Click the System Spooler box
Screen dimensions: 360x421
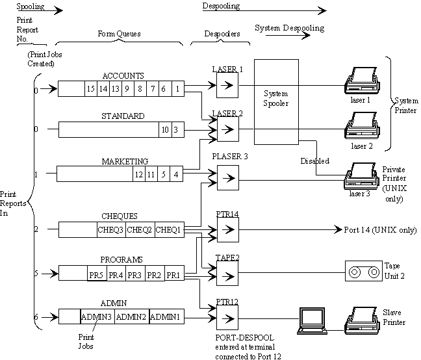click(275, 101)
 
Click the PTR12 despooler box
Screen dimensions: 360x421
click(227, 317)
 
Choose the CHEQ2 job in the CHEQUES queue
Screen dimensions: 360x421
click(140, 229)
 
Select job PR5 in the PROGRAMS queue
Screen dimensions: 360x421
click(97, 274)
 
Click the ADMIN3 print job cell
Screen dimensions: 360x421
click(97, 316)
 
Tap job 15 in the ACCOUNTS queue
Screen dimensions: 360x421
click(92, 88)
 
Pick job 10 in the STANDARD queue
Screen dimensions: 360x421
click(165, 130)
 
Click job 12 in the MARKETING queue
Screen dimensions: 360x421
click(138, 174)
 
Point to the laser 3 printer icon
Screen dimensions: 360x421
click(362, 175)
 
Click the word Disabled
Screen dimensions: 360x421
click(314, 161)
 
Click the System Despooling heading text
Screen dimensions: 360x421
click(289, 29)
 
